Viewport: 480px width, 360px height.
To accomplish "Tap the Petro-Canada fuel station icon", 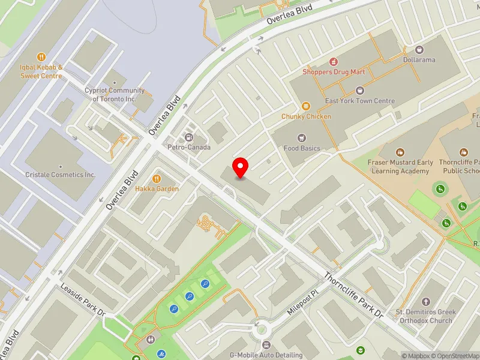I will pyautogui.click(x=190, y=137).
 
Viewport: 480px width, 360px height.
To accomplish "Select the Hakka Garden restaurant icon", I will pyautogui.click(x=157, y=178).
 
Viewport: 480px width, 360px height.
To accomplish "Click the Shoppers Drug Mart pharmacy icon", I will pyautogui.click(x=333, y=62).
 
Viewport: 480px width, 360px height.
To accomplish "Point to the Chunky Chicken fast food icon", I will pyautogui.click(x=306, y=106).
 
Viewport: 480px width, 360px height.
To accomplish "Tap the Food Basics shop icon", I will pyautogui.click(x=302, y=138).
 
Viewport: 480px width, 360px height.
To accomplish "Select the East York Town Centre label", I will pyautogui.click(x=360, y=101).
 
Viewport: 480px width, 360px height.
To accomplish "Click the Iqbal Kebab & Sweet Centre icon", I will pyautogui.click(x=41, y=58).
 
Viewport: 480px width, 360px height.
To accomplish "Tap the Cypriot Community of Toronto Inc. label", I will pyautogui.click(x=115, y=94).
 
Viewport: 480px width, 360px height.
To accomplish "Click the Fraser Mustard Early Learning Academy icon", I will pyautogui.click(x=400, y=153).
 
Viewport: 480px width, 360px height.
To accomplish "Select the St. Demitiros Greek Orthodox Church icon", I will pyautogui.click(x=425, y=302).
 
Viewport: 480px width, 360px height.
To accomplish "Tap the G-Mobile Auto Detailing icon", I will pyautogui.click(x=266, y=345).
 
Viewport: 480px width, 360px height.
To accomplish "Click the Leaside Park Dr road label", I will pyautogui.click(x=82, y=299).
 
